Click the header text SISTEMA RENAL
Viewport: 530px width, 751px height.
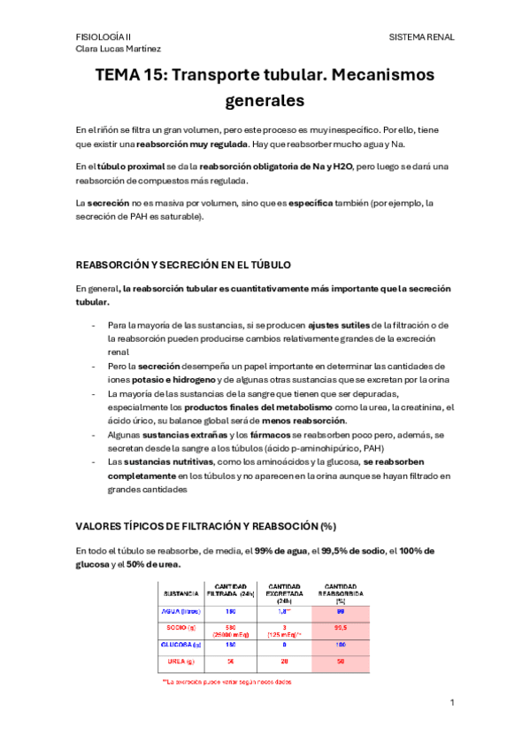click(421, 37)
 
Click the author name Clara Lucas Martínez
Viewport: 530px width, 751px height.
click(119, 50)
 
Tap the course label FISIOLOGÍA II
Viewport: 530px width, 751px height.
click(104, 37)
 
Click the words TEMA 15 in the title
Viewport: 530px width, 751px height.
click(129, 75)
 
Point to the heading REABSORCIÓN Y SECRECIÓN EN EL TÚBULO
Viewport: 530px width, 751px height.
click(184, 265)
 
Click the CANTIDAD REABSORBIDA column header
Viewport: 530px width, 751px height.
click(340, 592)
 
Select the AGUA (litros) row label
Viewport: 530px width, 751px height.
click(181, 611)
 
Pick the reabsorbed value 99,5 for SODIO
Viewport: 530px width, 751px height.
click(340, 628)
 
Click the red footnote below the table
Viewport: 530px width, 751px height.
click(227, 682)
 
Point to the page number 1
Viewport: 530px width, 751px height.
click(451, 702)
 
